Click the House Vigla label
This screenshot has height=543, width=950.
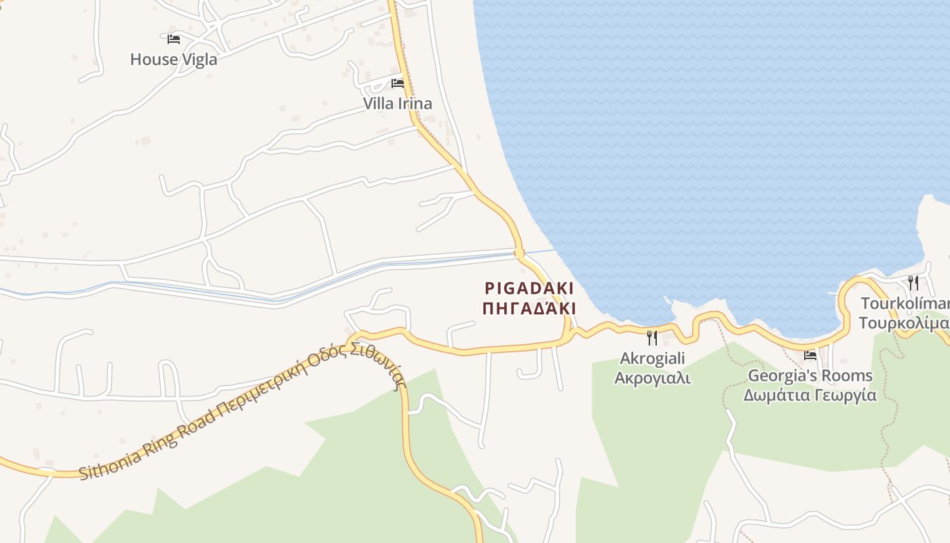[174, 59]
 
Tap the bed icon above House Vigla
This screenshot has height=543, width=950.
[174, 39]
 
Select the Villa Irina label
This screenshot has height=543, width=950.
[398, 104]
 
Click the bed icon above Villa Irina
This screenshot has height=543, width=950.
[398, 83]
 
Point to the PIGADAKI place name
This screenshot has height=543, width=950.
[529, 288]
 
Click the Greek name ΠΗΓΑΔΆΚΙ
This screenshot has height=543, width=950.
[529, 309]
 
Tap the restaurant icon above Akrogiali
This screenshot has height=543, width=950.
[652, 337]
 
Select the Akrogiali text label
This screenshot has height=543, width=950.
[653, 358]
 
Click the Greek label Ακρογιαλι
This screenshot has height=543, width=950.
[653, 378]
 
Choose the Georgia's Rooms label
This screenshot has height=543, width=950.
[810, 375]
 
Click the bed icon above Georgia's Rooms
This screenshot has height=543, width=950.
[810, 355]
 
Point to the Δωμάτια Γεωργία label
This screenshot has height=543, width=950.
[810, 395]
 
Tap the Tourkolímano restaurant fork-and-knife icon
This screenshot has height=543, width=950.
[914, 282]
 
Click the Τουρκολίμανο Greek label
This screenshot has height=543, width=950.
[905, 322]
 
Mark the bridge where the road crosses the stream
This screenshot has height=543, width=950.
[520, 253]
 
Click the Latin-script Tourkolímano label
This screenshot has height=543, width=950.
[905, 303]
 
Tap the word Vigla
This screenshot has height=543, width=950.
[199, 59]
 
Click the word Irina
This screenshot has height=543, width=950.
[415, 104]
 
